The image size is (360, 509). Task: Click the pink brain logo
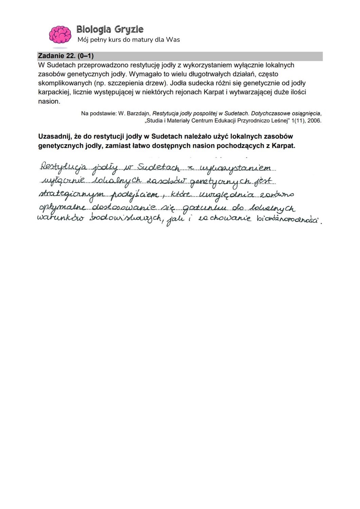pos(60,35)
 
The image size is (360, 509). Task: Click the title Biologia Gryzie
pos(110,30)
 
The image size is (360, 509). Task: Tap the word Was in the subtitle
pos(173,40)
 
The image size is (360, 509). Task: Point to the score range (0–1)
pos(86,56)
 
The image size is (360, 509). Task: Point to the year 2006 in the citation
pos(314,121)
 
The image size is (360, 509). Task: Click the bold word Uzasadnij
pos(54,137)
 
